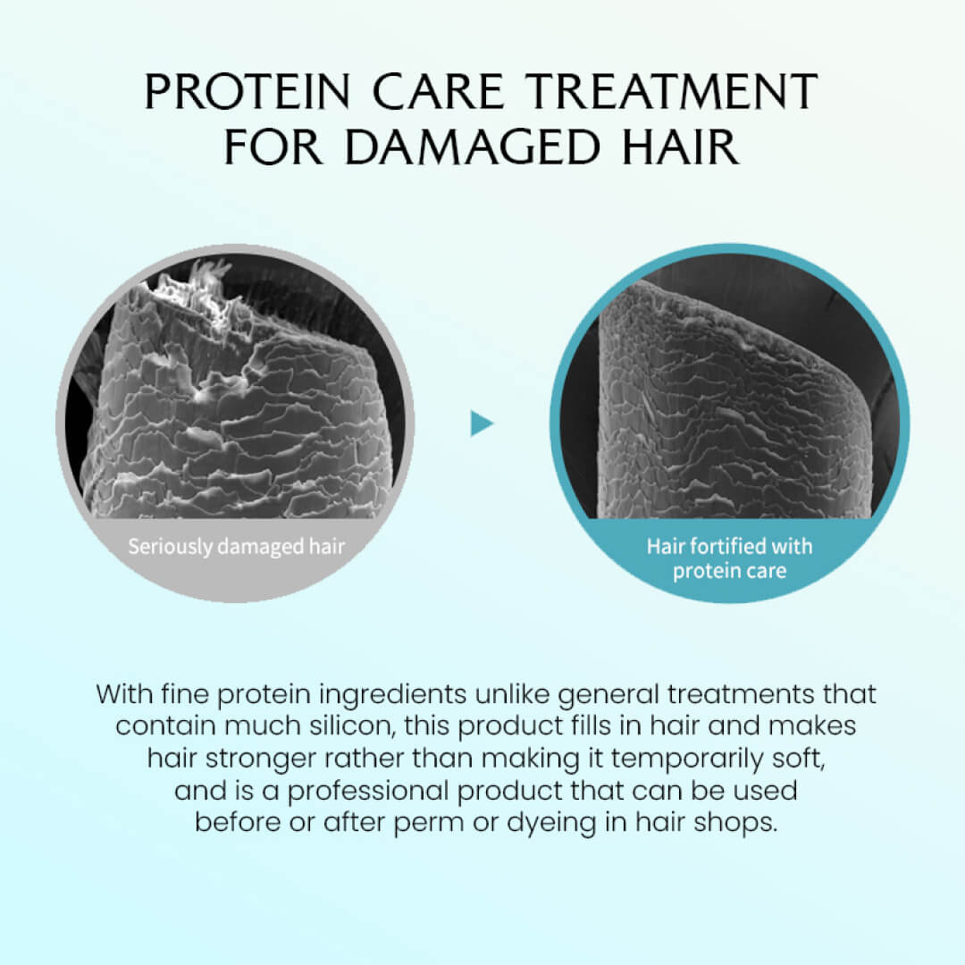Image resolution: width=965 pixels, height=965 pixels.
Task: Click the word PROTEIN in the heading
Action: point(248,92)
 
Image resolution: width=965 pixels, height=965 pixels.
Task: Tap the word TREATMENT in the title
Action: point(674,92)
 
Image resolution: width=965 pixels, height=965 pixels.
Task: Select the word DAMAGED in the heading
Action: point(472,147)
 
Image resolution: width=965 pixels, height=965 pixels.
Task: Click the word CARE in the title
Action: point(439,92)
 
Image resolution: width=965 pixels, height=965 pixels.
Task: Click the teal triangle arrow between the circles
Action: point(482,424)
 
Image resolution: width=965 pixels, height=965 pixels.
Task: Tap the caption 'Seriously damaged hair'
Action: point(236,547)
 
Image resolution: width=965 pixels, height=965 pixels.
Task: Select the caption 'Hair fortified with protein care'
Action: point(729,558)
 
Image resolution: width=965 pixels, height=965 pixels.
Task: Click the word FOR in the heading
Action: point(273,147)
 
